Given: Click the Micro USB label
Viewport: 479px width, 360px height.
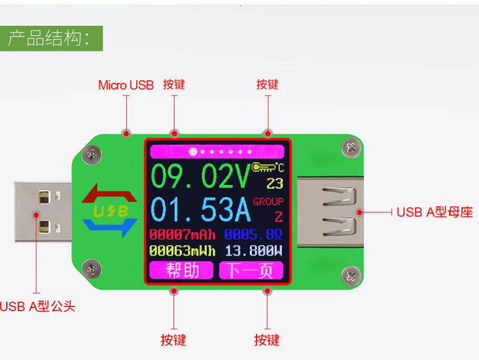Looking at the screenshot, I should pos(126,85).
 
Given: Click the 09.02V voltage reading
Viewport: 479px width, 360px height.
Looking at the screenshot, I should pos(200,177).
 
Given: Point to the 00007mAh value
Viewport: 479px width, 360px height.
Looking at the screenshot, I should pos(182,234).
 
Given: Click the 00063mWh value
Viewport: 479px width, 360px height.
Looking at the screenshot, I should pos(182,251).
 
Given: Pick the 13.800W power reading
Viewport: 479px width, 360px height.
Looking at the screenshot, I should pos(254,251).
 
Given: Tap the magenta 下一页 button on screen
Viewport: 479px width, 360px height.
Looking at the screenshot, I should pos(251,271).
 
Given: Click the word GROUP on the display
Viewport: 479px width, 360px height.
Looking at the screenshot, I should pos(268,201).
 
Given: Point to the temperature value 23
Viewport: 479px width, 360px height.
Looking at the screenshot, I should pos(274,183).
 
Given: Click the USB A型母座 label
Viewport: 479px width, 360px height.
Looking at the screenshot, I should pos(434,212).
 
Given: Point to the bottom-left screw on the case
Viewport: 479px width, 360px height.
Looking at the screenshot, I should pos(91,269).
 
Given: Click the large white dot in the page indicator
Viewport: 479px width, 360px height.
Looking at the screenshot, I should pos(193,152).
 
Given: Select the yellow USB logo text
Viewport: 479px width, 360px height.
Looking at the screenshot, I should pos(110,211).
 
